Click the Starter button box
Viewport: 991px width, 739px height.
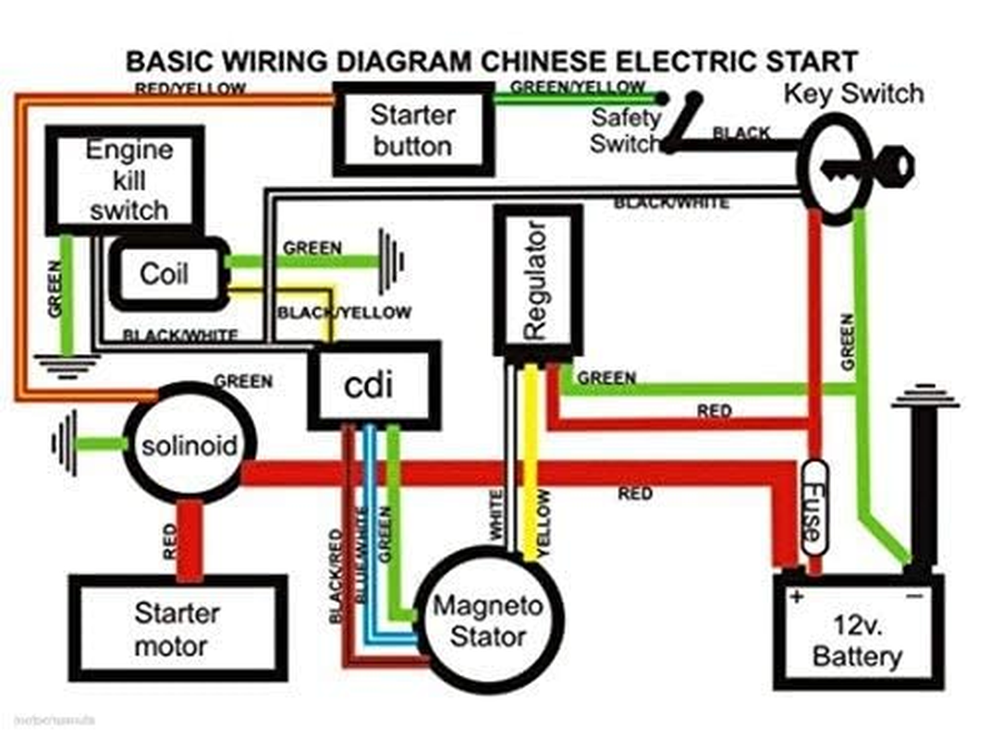coord(412,129)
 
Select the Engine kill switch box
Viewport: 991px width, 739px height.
coord(125,179)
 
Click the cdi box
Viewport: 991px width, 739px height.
coord(373,385)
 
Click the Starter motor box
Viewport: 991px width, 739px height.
coord(177,628)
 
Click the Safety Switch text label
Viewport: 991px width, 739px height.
coord(626,130)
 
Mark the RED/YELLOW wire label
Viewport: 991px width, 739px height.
coord(190,89)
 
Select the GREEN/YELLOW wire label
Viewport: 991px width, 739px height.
coord(577,86)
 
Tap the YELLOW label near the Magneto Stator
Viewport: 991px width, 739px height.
coord(544,522)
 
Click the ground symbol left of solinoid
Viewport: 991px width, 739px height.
coord(65,445)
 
